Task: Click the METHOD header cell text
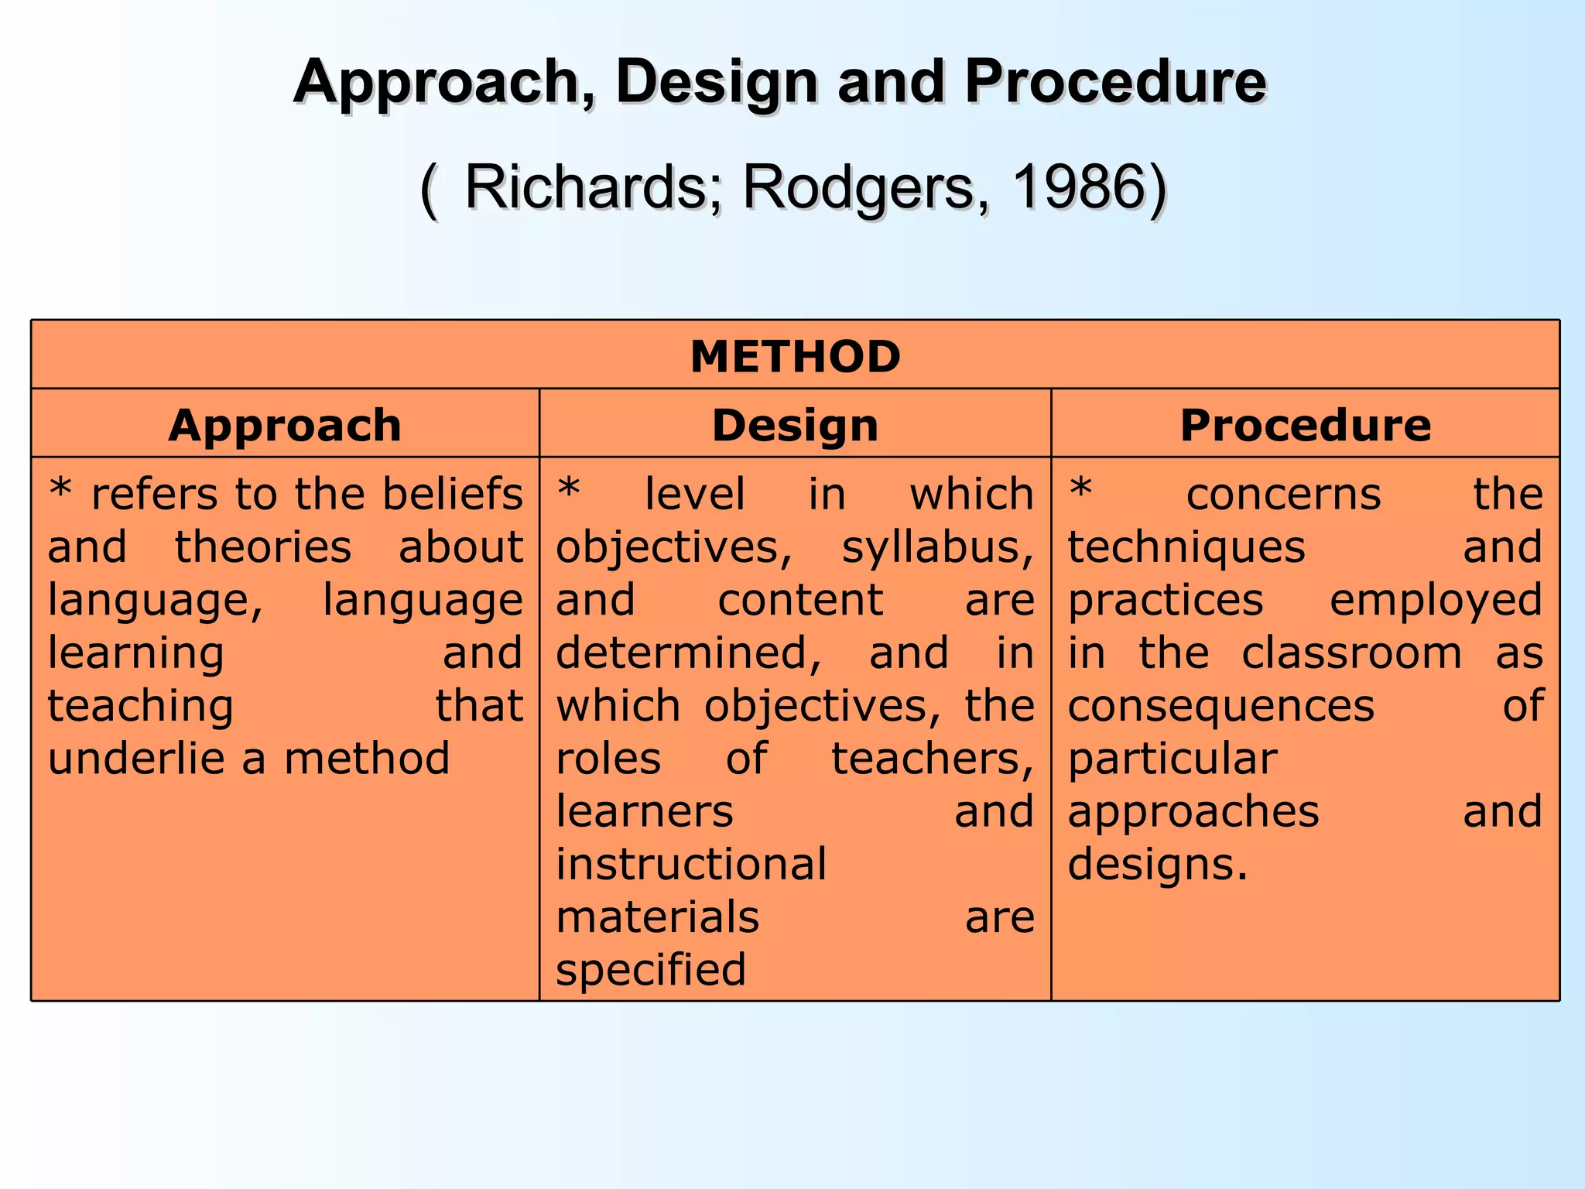click(x=795, y=357)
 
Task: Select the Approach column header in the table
click(x=285, y=425)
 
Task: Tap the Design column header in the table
click(x=795, y=425)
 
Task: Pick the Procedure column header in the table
click(x=1305, y=425)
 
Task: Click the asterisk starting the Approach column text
click(x=60, y=491)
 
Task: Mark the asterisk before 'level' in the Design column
click(x=569, y=489)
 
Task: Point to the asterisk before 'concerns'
click(x=1080, y=489)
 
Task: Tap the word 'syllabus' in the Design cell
click(x=936, y=548)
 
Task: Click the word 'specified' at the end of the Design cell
click(x=651, y=970)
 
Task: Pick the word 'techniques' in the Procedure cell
click(x=1186, y=548)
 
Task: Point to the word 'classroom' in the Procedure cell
click(x=1351, y=653)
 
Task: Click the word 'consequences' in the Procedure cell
click(x=1220, y=706)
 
